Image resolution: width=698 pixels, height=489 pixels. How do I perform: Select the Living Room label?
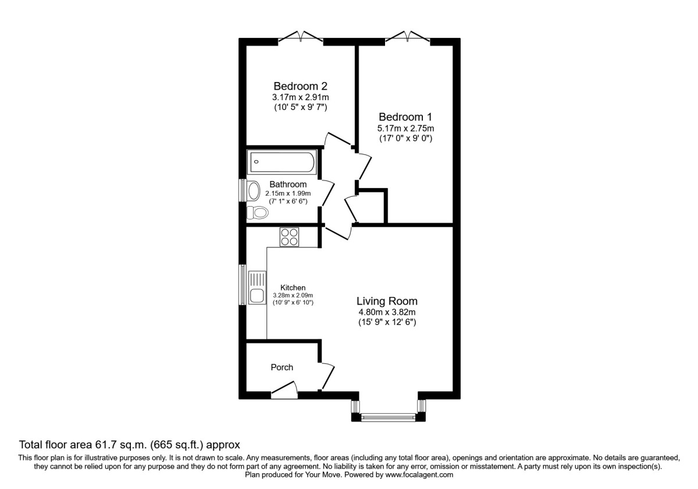pos(387,301)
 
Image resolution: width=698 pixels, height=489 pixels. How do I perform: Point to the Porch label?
pos(282,367)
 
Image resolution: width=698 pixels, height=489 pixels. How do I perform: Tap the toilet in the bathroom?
pos(257,212)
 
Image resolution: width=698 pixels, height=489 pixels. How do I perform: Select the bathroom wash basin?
pos(254,190)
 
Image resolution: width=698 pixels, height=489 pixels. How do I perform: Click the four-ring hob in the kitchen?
pos(290,236)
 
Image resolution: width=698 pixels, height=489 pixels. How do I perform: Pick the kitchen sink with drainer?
pos(257,288)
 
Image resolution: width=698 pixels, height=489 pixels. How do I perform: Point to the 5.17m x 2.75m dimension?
pos(405,128)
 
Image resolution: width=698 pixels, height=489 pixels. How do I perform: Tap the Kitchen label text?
pos(293,288)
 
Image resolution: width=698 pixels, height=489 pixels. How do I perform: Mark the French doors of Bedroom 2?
pos(301,38)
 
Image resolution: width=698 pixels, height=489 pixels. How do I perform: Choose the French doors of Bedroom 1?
pos(407,38)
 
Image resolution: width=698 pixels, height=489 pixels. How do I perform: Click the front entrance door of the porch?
pos(284,391)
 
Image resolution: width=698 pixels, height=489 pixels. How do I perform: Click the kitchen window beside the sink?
pos(243,285)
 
